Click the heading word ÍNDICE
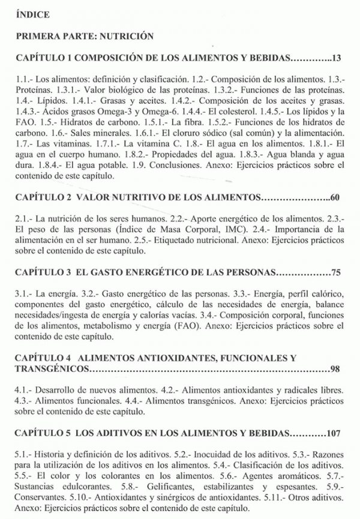point(34,13)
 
